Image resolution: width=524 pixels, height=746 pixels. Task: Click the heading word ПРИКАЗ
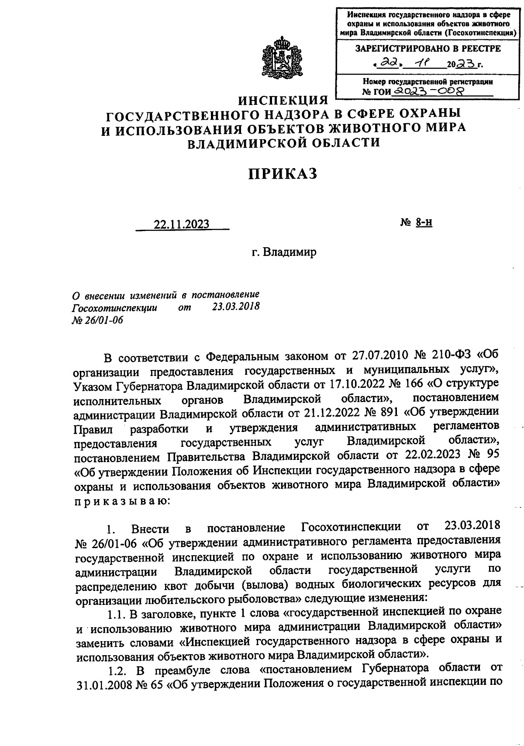click(x=283, y=173)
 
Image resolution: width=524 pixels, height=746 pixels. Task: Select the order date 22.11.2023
click(x=181, y=224)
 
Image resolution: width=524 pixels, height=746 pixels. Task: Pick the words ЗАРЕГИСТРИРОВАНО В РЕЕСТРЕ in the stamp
click(x=428, y=48)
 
